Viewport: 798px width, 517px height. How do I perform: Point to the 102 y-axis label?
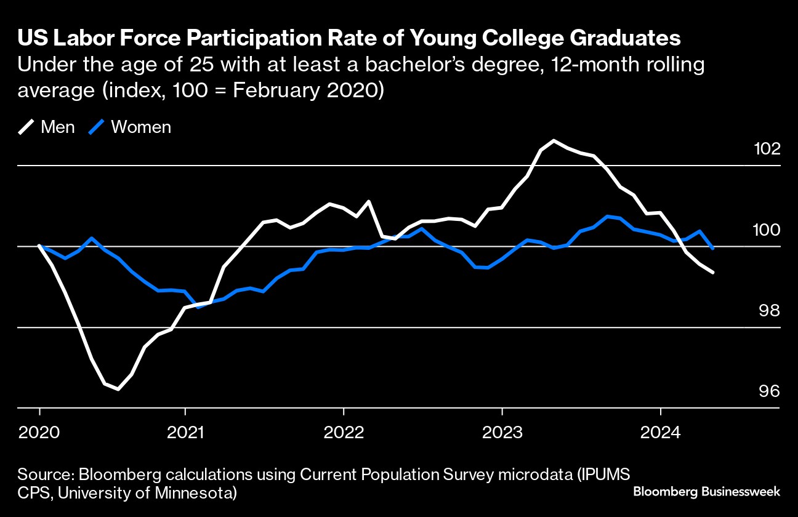[x=767, y=149]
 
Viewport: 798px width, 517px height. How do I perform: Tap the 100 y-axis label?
[x=767, y=230]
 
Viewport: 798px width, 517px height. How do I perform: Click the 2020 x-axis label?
[x=39, y=433]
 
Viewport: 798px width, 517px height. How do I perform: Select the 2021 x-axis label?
[x=185, y=433]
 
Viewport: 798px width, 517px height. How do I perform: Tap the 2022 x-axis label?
[x=344, y=433]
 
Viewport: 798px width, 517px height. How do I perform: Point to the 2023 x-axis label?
[x=502, y=433]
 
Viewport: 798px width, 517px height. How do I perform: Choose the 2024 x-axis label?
[x=661, y=433]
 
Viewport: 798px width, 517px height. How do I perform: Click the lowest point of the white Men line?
[x=118, y=389]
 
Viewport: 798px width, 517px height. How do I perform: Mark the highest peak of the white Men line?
[x=554, y=141]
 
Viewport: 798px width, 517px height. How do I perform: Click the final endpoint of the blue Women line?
[x=712, y=248]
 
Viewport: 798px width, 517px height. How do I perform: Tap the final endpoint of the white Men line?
[x=713, y=272]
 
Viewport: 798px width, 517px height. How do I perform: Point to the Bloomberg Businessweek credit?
[x=706, y=491]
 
